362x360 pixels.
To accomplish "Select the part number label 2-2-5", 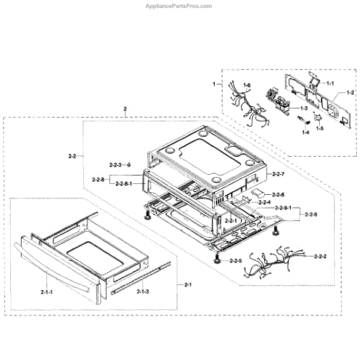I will (235, 261).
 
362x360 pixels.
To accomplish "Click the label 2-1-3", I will (144, 292).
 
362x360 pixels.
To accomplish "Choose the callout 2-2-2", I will (320, 256).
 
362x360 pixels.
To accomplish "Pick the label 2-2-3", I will (115, 165).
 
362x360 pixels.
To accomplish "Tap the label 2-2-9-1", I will (283, 208).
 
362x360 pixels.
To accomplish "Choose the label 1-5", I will (320, 128).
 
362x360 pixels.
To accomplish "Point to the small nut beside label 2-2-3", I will (129, 165).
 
